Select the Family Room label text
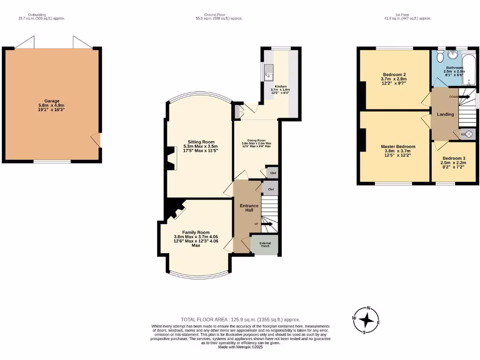pos(196,232)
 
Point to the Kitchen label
pos(280,87)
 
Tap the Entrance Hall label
pos(249,208)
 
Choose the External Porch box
pos(265,245)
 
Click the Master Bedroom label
pos(397,147)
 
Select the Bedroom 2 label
pos(394,75)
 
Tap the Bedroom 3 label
pos(454,158)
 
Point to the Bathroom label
pos(454,67)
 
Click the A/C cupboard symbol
pos(467,134)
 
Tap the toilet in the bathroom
pos(439,57)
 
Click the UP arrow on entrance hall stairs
pos(266,224)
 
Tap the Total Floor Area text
pos(240,319)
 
